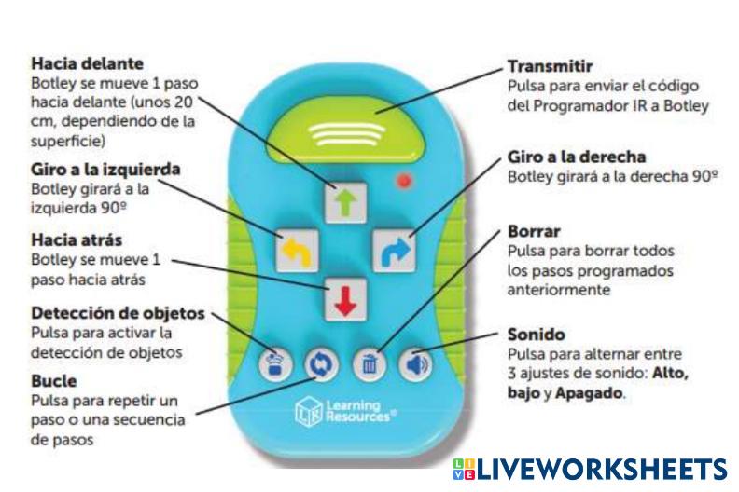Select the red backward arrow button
[344, 298]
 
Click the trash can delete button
[369, 362]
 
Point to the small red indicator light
[403, 180]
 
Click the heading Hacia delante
[87, 64]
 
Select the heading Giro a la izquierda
[105, 170]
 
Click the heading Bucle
[54, 381]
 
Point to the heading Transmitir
[551, 67]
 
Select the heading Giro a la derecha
[577, 157]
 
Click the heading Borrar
[534, 230]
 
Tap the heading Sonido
[536, 334]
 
